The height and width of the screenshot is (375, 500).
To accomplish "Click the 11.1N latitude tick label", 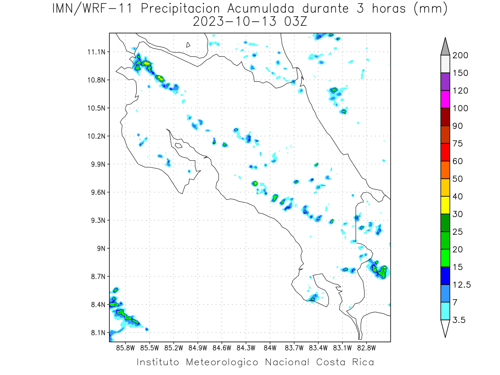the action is tap(96, 52).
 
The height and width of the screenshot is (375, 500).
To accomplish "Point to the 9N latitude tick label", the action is tap(101, 248).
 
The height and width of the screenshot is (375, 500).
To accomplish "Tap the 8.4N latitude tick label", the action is tap(98, 305).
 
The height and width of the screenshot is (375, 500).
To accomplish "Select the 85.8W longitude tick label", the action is tap(125, 348).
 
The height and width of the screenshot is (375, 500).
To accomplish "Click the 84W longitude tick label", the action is tap(270, 348).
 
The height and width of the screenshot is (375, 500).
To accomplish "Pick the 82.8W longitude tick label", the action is tap(366, 348).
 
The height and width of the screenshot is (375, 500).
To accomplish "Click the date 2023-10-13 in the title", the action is tap(235, 22).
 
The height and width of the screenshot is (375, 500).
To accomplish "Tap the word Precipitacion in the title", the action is tap(180, 9).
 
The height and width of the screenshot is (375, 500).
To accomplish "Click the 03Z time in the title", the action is tap(296, 22).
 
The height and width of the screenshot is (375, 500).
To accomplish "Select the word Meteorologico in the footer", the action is tap(222, 362).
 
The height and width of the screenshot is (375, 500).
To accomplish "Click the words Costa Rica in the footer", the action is tap(345, 362).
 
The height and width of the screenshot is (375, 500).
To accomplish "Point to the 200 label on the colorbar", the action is tap(460, 55).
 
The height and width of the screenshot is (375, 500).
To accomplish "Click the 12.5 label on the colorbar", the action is tap(462, 285).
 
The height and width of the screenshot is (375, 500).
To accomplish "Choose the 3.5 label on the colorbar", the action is tap(459, 320).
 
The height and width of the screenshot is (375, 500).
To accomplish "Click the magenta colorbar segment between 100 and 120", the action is tap(445, 99).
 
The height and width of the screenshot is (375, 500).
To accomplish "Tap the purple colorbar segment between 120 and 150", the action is tap(445, 82).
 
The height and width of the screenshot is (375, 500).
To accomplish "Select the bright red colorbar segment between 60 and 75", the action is tap(445, 152).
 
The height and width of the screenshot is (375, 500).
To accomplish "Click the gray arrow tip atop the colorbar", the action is tap(445, 38).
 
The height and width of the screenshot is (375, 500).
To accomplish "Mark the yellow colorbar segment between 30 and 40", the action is tap(445, 205).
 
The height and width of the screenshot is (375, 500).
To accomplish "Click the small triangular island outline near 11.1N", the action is tap(188, 45).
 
